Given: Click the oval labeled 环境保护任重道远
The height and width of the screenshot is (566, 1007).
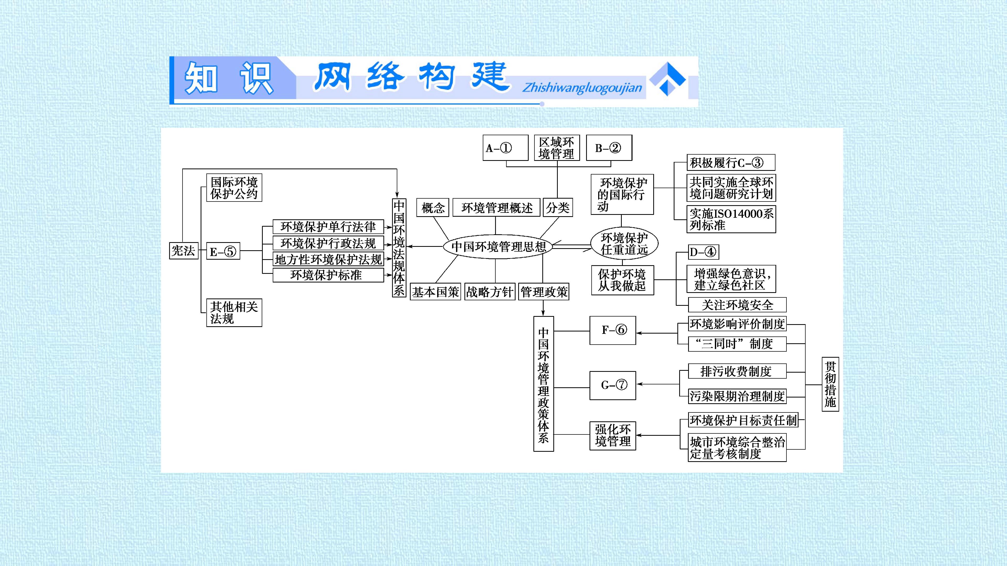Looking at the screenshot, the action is pos(624,243).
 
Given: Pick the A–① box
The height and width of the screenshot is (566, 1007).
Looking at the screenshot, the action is pos(505,148).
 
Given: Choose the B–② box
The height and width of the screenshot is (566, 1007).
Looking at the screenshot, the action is pos(609,148).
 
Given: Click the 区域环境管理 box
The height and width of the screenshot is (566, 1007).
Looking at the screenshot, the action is pos(557,148).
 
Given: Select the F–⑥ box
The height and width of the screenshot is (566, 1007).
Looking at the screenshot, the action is pos(613,330).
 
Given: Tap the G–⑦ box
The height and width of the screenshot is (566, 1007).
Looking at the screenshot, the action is pos(613,385).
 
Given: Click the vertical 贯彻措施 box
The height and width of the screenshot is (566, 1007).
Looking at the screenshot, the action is pos(830,384).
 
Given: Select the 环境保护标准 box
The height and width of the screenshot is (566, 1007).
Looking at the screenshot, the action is pos(328,275).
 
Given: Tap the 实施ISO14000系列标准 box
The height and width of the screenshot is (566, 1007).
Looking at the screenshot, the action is pos(731,219).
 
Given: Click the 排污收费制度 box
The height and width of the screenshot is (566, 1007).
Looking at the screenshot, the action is pos(737,371).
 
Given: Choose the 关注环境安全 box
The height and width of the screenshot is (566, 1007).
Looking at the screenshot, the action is pos(737,305).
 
